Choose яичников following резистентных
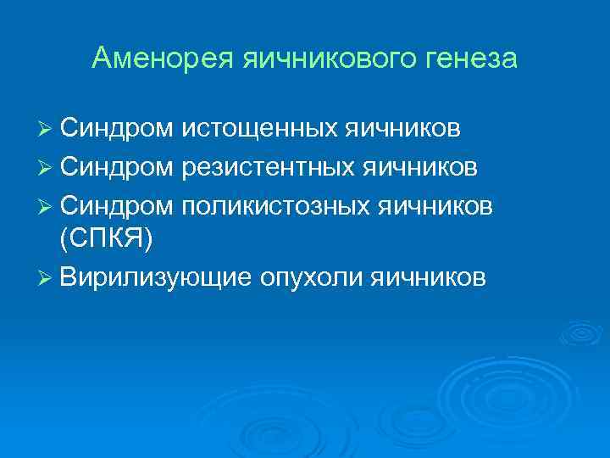point(422,167)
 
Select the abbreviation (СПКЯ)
point(107,240)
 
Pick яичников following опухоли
point(428,277)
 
